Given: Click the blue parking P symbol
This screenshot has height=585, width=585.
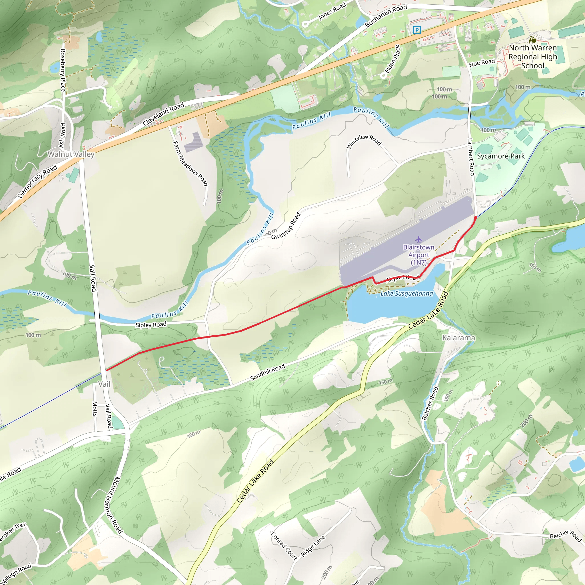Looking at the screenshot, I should click(417, 30).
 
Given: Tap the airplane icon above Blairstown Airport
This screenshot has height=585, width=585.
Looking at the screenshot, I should click(418, 239).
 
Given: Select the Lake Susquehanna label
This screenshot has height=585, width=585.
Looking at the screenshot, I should click(406, 293).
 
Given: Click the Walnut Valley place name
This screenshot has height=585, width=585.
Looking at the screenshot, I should click(71, 154).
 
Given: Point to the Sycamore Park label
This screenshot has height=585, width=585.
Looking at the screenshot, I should click(501, 156).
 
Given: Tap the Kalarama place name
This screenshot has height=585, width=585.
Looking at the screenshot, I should click(458, 338).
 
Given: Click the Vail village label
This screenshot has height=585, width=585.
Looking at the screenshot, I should click(104, 384).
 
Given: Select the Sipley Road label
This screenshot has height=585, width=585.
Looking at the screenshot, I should click(151, 324).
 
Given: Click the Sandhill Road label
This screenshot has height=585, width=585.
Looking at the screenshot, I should click(267, 372).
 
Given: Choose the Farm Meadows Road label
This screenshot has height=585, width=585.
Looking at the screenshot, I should click(191, 163).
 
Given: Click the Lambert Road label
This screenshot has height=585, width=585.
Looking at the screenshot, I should click(470, 157).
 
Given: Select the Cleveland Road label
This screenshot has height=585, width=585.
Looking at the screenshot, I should click(163, 114).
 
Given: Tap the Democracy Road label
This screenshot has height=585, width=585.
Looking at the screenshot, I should click(37, 181).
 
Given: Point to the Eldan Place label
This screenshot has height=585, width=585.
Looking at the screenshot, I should click(392, 59).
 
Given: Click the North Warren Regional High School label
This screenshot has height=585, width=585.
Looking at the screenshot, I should click(533, 57).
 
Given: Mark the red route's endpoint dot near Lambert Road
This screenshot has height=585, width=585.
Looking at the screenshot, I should click(475, 218).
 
